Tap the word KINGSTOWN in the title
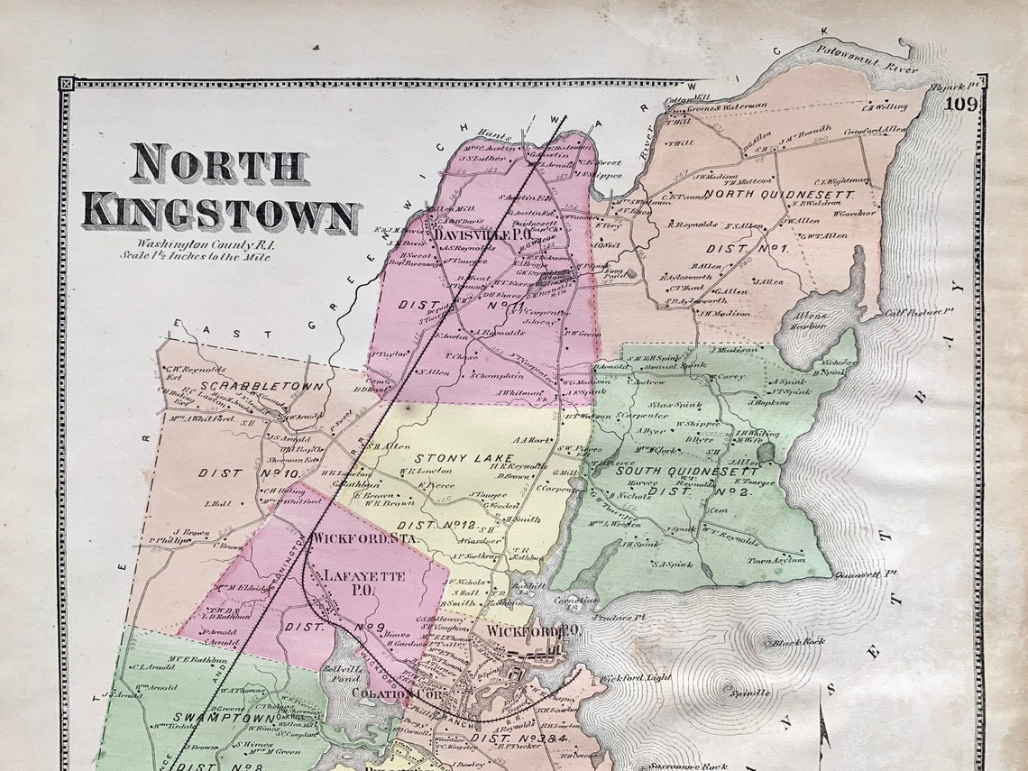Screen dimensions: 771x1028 pos(220,215)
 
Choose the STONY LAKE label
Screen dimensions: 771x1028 pos(452,458)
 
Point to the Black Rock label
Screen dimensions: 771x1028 pos(805,641)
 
